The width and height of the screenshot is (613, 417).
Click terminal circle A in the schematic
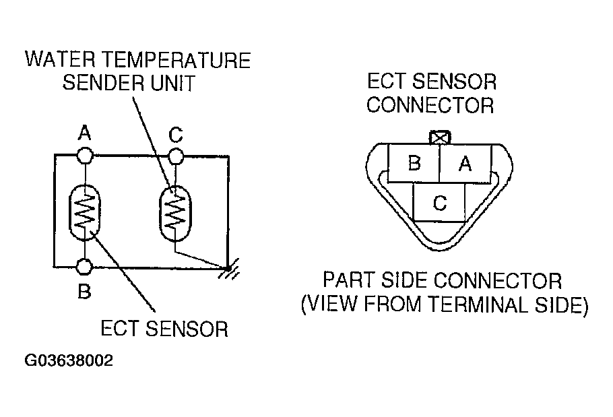coord(84,156)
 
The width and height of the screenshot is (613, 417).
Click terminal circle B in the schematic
coord(84,267)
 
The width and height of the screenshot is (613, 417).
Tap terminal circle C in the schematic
coord(175,156)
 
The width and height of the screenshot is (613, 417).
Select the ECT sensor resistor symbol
coord(84,212)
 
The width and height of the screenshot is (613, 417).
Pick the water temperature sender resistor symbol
coord(175,212)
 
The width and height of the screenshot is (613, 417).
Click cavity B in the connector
coord(414,164)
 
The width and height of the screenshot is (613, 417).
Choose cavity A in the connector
coord(465,164)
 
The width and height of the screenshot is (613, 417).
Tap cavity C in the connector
coord(439,203)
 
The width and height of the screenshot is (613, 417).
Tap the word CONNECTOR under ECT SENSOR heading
coord(430,106)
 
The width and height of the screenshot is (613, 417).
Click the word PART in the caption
coord(349,280)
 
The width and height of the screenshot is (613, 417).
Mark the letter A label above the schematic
coord(84,134)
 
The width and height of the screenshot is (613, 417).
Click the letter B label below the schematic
coord(84,292)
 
